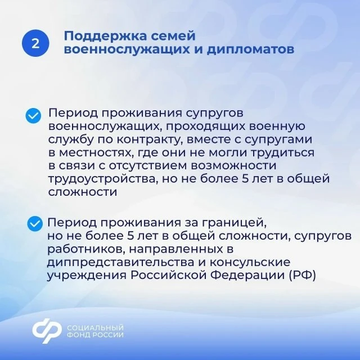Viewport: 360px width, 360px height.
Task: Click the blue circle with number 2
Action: [x=35, y=43]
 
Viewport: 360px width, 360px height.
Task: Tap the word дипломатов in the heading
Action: [x=250, y=49]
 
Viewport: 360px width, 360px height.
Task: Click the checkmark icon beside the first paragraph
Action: [x=33, y=116]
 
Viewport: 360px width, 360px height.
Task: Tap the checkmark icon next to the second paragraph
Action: [x=35, y=224]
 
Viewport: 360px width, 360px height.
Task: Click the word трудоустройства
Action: [x=103, y=179]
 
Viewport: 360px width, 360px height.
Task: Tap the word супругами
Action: [x=278, y=140]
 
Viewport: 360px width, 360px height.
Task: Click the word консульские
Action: [x=250, y=263]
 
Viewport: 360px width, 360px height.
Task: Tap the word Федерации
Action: [x=247, y=276]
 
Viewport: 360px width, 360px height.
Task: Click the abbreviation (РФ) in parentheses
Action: [x=302, y=276]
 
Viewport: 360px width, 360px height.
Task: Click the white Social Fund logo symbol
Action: [x=47, y=331]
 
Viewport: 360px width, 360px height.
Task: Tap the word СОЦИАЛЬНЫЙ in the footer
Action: [x=95, y=327]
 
